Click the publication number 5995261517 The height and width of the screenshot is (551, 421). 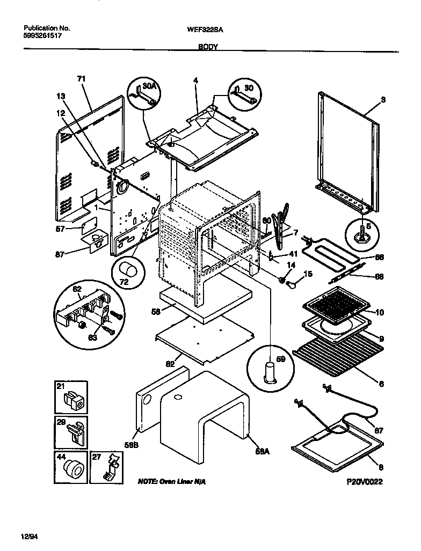(x=42, y=36)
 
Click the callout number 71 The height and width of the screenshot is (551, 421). (x=81, y=79)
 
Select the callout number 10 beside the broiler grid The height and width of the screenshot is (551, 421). (x=380, y=312)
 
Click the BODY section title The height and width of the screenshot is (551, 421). (x=208, y=47)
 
